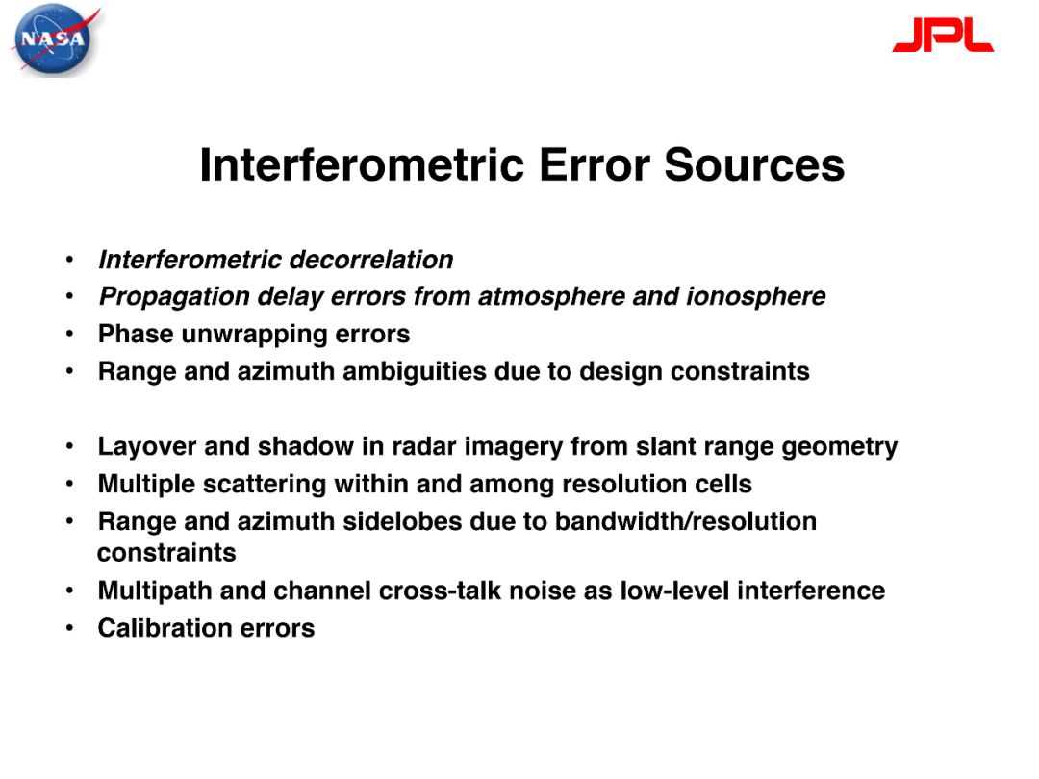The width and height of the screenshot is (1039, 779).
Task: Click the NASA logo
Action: (x=54, y=39)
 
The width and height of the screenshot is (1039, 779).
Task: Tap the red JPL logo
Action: (x=943, y=35)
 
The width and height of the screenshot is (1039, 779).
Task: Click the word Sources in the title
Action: (x=754, y=165)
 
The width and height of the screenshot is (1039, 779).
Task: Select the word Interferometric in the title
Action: (x=362, y=165)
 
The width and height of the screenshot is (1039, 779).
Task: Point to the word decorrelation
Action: (x=371, y=260)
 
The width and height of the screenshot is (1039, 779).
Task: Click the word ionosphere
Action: (x=756, y=297)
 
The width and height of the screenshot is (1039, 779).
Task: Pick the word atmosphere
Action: (x=551, y=297)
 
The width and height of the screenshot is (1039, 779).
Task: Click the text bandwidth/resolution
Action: (x=686, y=521)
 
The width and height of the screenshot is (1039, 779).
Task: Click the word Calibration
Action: (x=165, y=628)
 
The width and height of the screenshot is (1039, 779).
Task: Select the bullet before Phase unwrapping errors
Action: (x=69, y=335)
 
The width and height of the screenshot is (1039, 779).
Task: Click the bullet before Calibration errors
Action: (x=69, y=628)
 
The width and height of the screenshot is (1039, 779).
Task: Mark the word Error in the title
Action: (x=595, y=165)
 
